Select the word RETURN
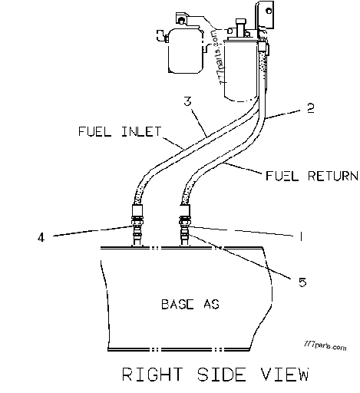[x=323, y=177]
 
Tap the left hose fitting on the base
[x=137, y=225]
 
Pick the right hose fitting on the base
[x=184, y=225]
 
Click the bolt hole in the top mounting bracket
[x=259, y=11]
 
